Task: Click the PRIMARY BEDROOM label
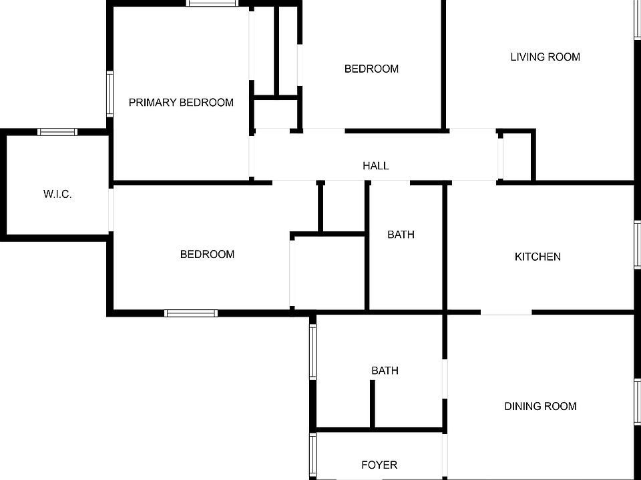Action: (x=181, y=103)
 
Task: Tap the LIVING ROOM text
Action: (x=545, y=57)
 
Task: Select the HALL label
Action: (x=375, y=166)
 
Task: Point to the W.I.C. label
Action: (x=57, y=195)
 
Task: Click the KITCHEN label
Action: (x=538, y=257)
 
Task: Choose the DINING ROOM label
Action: (x=540, y=406)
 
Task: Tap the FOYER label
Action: (x=379, y=465)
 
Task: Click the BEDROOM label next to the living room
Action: (x=371, y=69)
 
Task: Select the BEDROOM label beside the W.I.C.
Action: (x=207, y=254)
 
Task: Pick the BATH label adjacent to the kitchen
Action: (x=401, y=235)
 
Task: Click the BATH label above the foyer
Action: (x=385, y=371)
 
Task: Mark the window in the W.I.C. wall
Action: (x=57, y=132)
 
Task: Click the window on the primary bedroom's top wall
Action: (x=212, y=3)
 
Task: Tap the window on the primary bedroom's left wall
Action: (x=110, y=94)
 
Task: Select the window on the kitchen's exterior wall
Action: (x=638, y=245)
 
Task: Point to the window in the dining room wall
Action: (x=638, y=400)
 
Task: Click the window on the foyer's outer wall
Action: (x=312, y=455)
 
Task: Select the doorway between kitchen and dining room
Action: (x=506, y=312)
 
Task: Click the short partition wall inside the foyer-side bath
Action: (x=373, y=404)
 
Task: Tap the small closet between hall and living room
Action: (x=517, y=156)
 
